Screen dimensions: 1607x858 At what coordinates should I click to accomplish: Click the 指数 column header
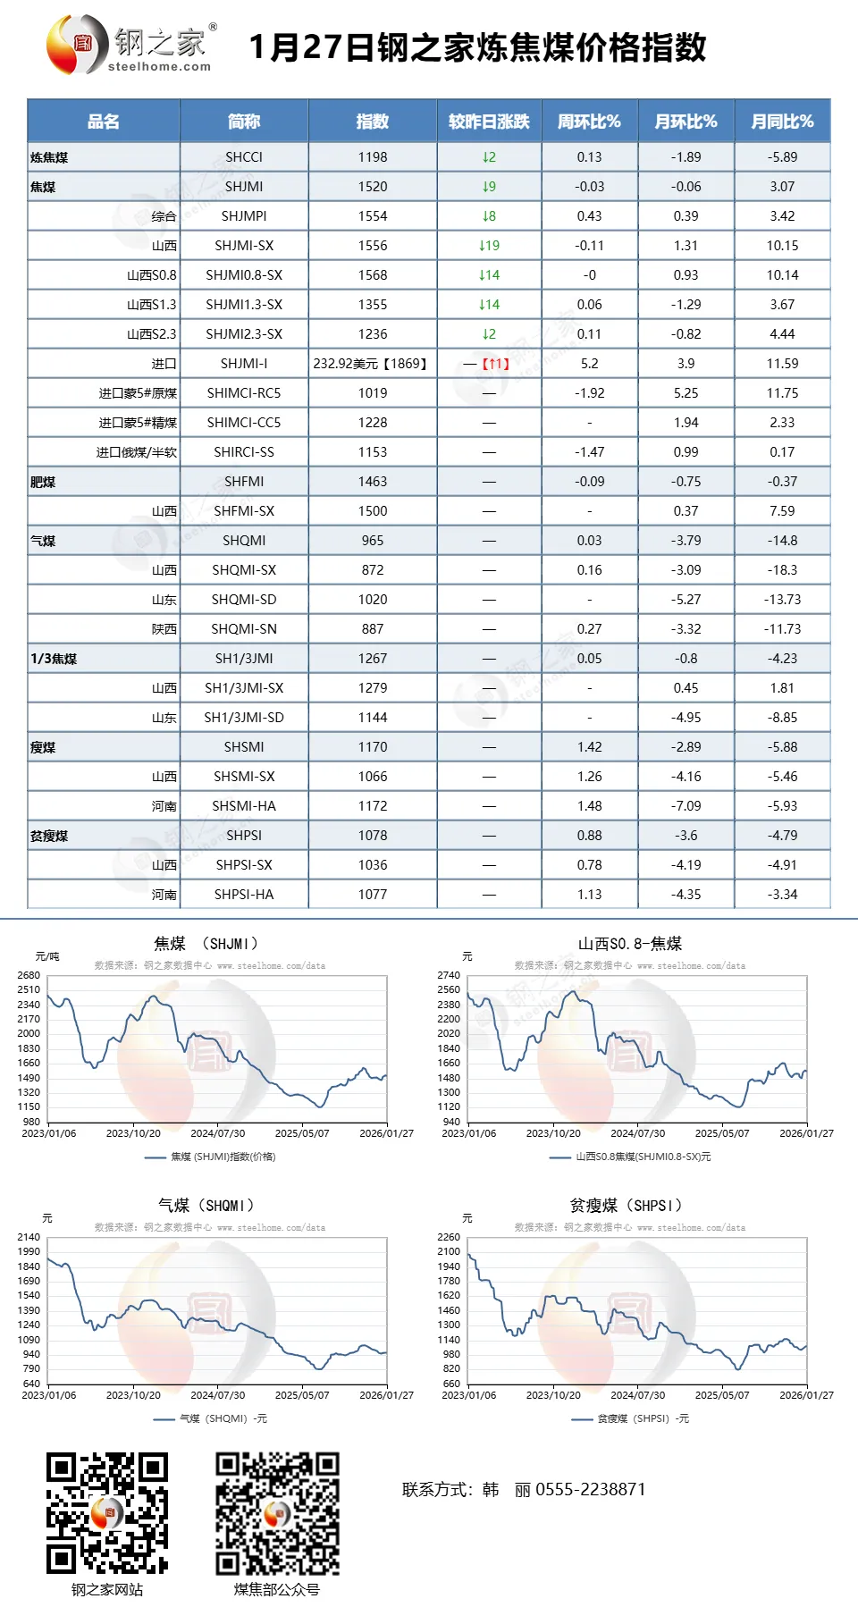point(373,122)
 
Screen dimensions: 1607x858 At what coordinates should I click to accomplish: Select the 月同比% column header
point(782,122)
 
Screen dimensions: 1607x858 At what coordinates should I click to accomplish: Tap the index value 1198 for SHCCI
point(373,157)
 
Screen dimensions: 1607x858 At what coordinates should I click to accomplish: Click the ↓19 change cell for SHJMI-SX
point(489,246)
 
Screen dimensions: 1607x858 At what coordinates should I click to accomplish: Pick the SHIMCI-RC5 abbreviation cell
point(244,393)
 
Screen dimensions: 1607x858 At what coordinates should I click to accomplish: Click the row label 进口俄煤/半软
point(137,452)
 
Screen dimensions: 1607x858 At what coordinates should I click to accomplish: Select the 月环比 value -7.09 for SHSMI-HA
point(686,806)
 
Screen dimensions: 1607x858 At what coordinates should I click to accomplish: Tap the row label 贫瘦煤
point(49,836)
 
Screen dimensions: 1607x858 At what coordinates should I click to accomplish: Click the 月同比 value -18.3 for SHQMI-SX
point(782,570)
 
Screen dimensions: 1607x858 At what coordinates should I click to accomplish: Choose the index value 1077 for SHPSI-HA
point(373,895)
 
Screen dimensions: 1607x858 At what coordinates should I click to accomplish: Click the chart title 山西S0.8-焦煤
point(629,944)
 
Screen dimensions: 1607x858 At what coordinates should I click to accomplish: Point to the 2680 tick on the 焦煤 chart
point(29,975)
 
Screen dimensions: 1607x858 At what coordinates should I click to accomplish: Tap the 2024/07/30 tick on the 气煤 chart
point(217,1395)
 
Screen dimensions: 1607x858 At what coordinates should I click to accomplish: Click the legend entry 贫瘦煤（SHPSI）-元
point(643,1418)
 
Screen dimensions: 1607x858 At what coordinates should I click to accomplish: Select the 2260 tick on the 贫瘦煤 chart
point(449,1237)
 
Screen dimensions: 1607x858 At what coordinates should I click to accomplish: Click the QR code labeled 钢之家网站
point(107,1513)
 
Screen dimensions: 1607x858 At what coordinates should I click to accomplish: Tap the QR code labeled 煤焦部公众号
point(277,1513)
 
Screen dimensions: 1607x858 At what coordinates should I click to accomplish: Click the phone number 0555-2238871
point(590,1489)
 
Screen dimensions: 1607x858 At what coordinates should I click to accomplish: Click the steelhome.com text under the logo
point(159,66)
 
